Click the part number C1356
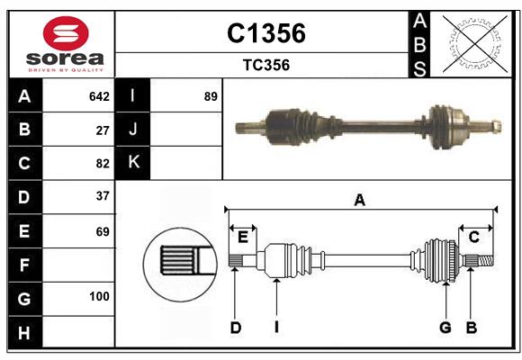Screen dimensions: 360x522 tap(265, 33)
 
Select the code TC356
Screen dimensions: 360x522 tap(265, 65)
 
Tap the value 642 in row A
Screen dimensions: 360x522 tap(99, 96)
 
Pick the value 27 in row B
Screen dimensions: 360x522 tap(103, 130)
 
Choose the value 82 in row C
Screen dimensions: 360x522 tap(103, 163)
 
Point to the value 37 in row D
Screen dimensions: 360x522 tap(103, 195)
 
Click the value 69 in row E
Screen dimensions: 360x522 tap(103, 231)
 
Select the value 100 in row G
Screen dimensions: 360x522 tap(99, 296)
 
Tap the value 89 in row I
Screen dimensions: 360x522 tap(211, 96)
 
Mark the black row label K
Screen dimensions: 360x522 tap(133, 163)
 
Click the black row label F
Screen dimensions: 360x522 tap(24, 265)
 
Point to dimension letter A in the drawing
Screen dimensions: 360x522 tap(360, 200)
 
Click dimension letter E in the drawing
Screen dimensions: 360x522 tap(243, 237)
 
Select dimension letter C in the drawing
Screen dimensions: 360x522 tap(473, 237)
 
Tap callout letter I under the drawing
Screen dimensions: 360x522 tap(276, 328)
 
